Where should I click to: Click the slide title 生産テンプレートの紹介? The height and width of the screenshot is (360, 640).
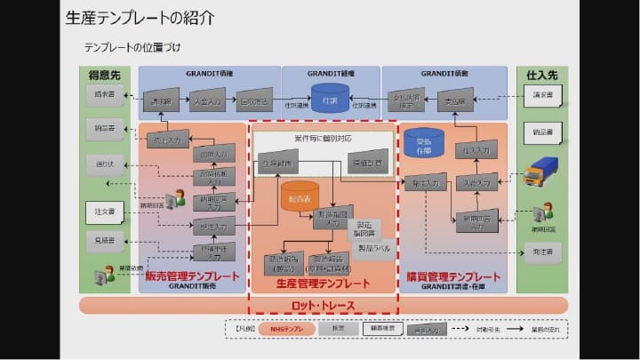(140, 18)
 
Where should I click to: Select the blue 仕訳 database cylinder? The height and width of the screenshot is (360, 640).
(330, 95)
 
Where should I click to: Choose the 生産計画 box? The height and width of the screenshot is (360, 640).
(276, 165)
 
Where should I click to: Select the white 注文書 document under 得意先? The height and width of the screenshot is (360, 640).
(106, 212)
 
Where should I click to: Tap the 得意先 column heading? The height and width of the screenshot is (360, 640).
(105, 75)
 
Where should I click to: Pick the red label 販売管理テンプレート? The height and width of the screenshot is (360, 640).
(193, 276)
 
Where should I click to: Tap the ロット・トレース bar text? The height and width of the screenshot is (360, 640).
(323, 307)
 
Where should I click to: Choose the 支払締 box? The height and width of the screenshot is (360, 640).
(456, 100)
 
